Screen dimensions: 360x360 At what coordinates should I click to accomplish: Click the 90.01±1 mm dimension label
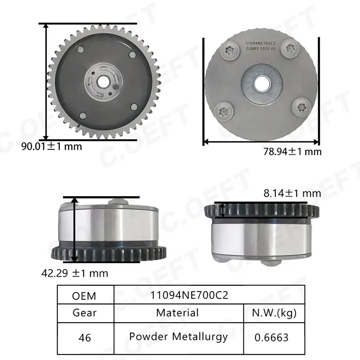(52, 146)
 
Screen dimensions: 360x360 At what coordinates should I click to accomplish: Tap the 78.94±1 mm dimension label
(292, 152)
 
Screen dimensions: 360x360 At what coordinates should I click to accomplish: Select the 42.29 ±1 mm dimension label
(75, 273)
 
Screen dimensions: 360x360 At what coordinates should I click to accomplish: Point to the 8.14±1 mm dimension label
(292, 193)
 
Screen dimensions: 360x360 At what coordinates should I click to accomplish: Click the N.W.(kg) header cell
(274, 313)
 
